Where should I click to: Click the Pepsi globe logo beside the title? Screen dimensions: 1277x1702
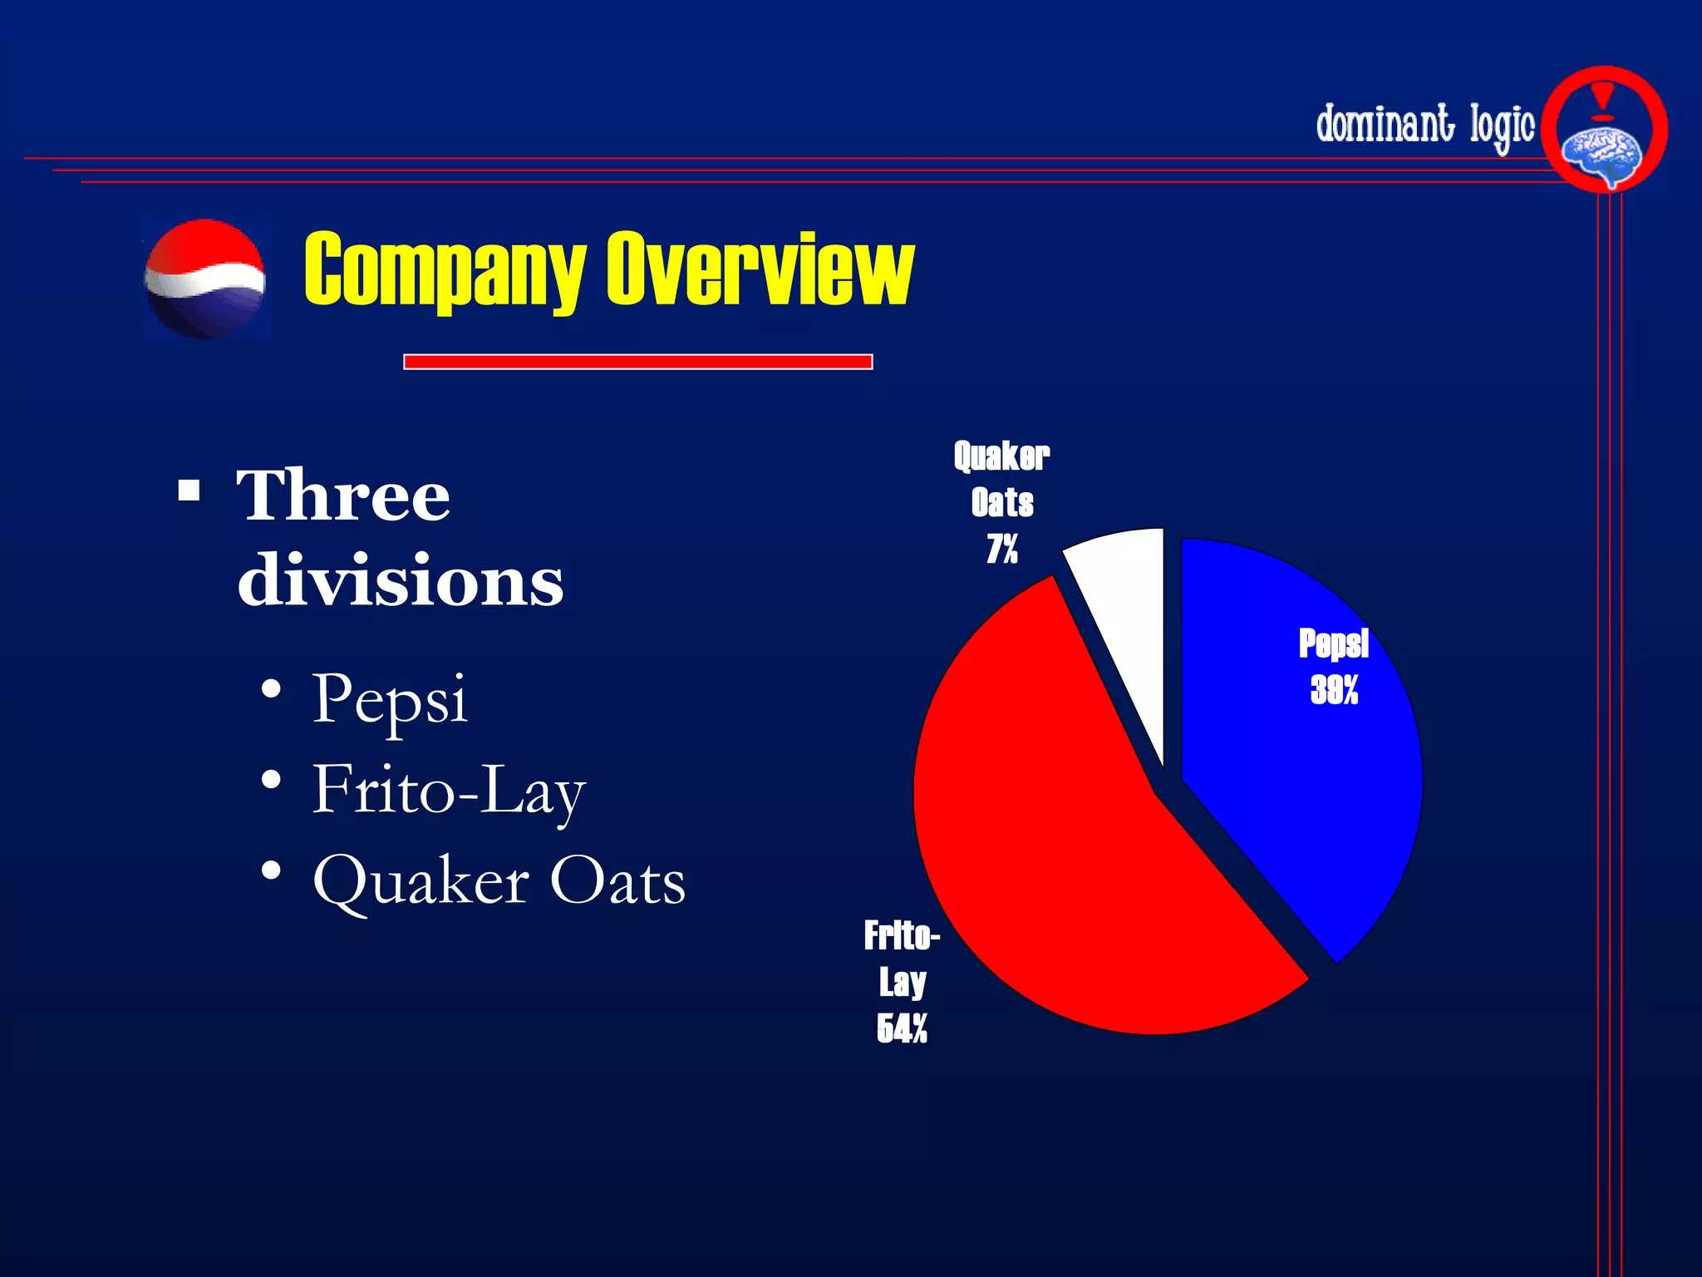coord(204,279)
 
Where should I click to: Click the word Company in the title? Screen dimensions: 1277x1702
coord(445,270)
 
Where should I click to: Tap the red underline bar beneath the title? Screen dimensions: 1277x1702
coord(637,362)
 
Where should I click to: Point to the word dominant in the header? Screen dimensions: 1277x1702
coord(1385,125)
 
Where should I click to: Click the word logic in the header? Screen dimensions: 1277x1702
coord(1502,126)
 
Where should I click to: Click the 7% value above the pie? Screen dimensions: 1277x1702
coord(1002,550)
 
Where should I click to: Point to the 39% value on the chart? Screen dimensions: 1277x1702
coord(1334,690)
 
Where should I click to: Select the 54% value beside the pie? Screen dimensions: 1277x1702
coord(902,1029)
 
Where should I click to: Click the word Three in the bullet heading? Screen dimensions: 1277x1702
coord(343,496)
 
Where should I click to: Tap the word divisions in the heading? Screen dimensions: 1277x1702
coord(400,580)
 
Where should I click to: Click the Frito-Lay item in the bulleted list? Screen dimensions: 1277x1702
coord(449,790)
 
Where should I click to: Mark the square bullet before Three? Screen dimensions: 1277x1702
coord(189,491)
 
